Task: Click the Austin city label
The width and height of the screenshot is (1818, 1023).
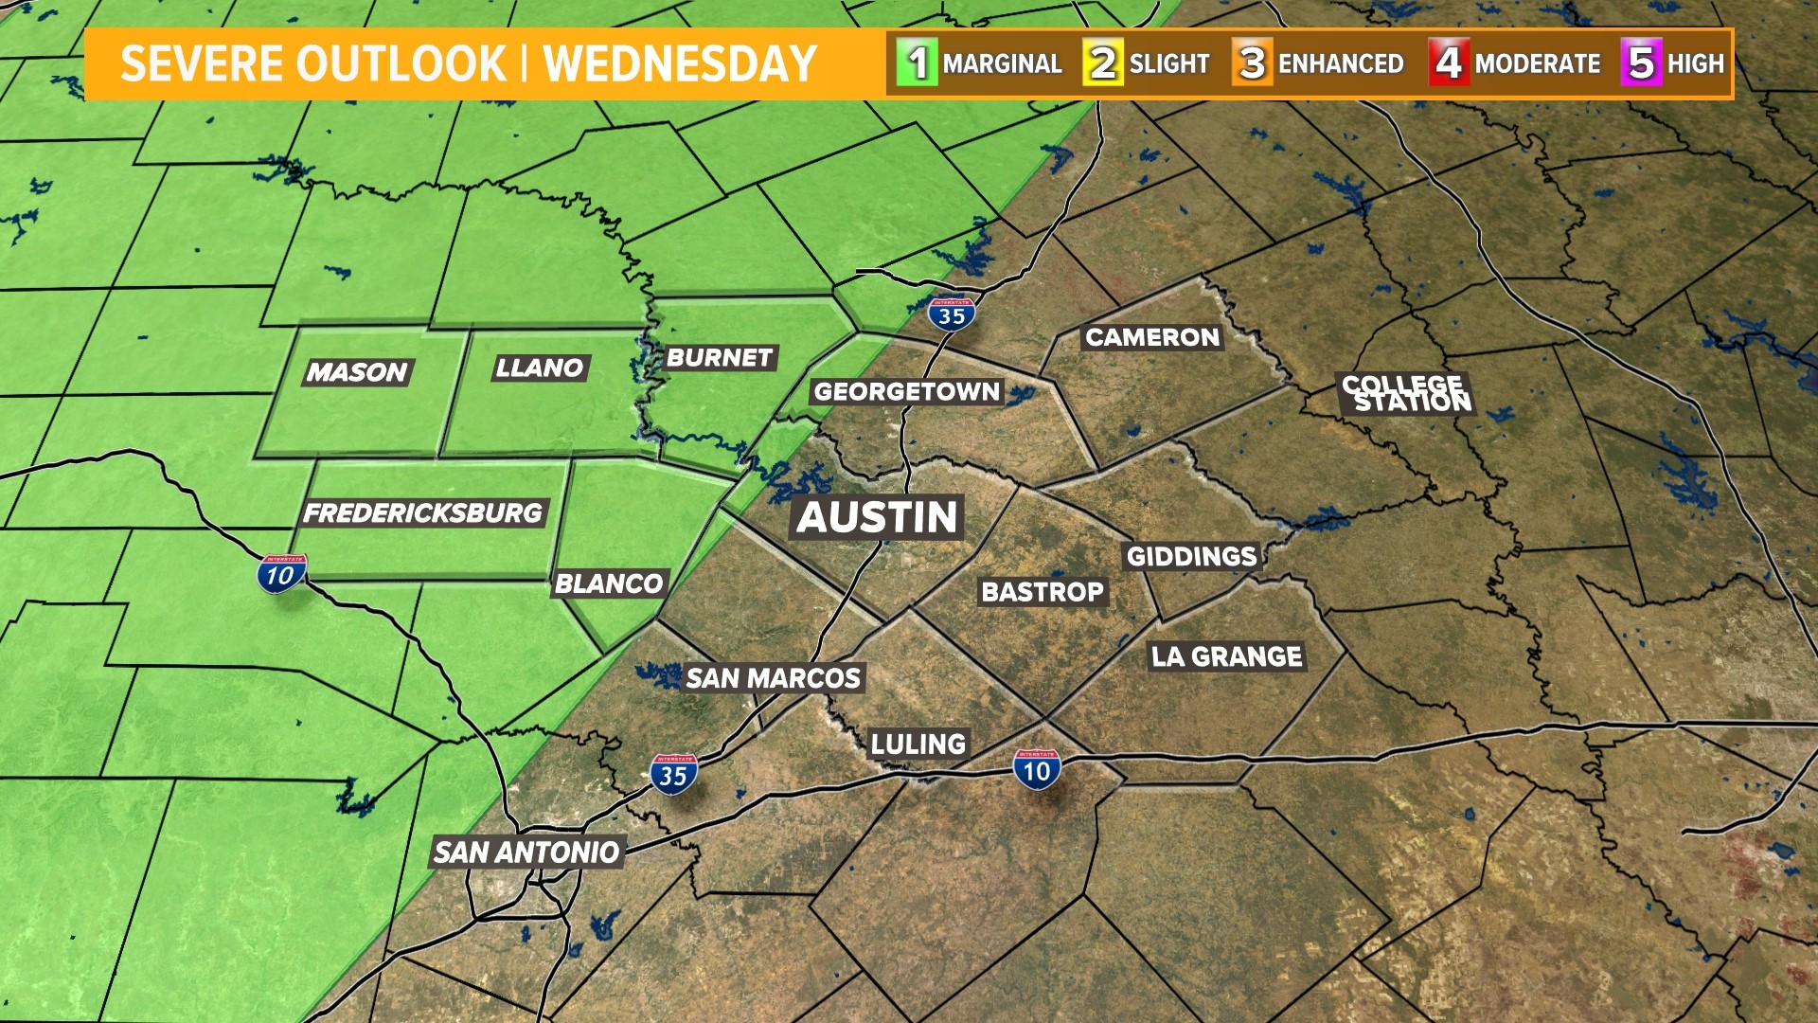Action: click(x=877, y=517)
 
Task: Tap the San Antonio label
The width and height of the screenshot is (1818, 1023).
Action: click(x=526, y=852)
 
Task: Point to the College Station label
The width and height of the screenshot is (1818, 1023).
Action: click(x=1407, y=394)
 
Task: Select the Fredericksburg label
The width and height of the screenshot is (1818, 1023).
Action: click(x=422, y=513)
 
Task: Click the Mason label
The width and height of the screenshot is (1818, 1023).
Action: click(x=357, y=372)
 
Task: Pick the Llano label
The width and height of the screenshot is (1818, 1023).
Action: click(x=540, y=368)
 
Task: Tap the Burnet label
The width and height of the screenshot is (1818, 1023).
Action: click(x=720, y=357)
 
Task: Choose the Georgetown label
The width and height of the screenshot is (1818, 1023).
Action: click(x=906, y=391)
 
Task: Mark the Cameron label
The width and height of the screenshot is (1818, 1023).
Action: click(x=1152, y=337)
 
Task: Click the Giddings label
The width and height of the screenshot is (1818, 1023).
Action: click(x=1191, y=556)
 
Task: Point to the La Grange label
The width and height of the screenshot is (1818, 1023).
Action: click(x=1226, y=656)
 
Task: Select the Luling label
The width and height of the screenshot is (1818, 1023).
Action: click(x=918, y=744)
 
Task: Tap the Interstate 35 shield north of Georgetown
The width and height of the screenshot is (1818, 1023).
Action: click(x=952, y=314)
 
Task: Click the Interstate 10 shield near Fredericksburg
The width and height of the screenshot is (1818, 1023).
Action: click(x=281, y=573)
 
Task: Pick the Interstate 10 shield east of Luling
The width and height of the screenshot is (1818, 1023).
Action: click(x=1037, y=769)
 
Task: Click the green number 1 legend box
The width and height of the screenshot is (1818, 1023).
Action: click(x=917, y=63)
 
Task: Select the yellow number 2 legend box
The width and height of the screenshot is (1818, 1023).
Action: click(x=1102, y=63)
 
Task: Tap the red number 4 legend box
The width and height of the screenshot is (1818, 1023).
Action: click(x=1448, y=63)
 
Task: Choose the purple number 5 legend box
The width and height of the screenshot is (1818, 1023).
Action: click(x=1641, y=63)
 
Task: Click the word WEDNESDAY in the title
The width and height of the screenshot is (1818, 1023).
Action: click(x=680, y=64)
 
